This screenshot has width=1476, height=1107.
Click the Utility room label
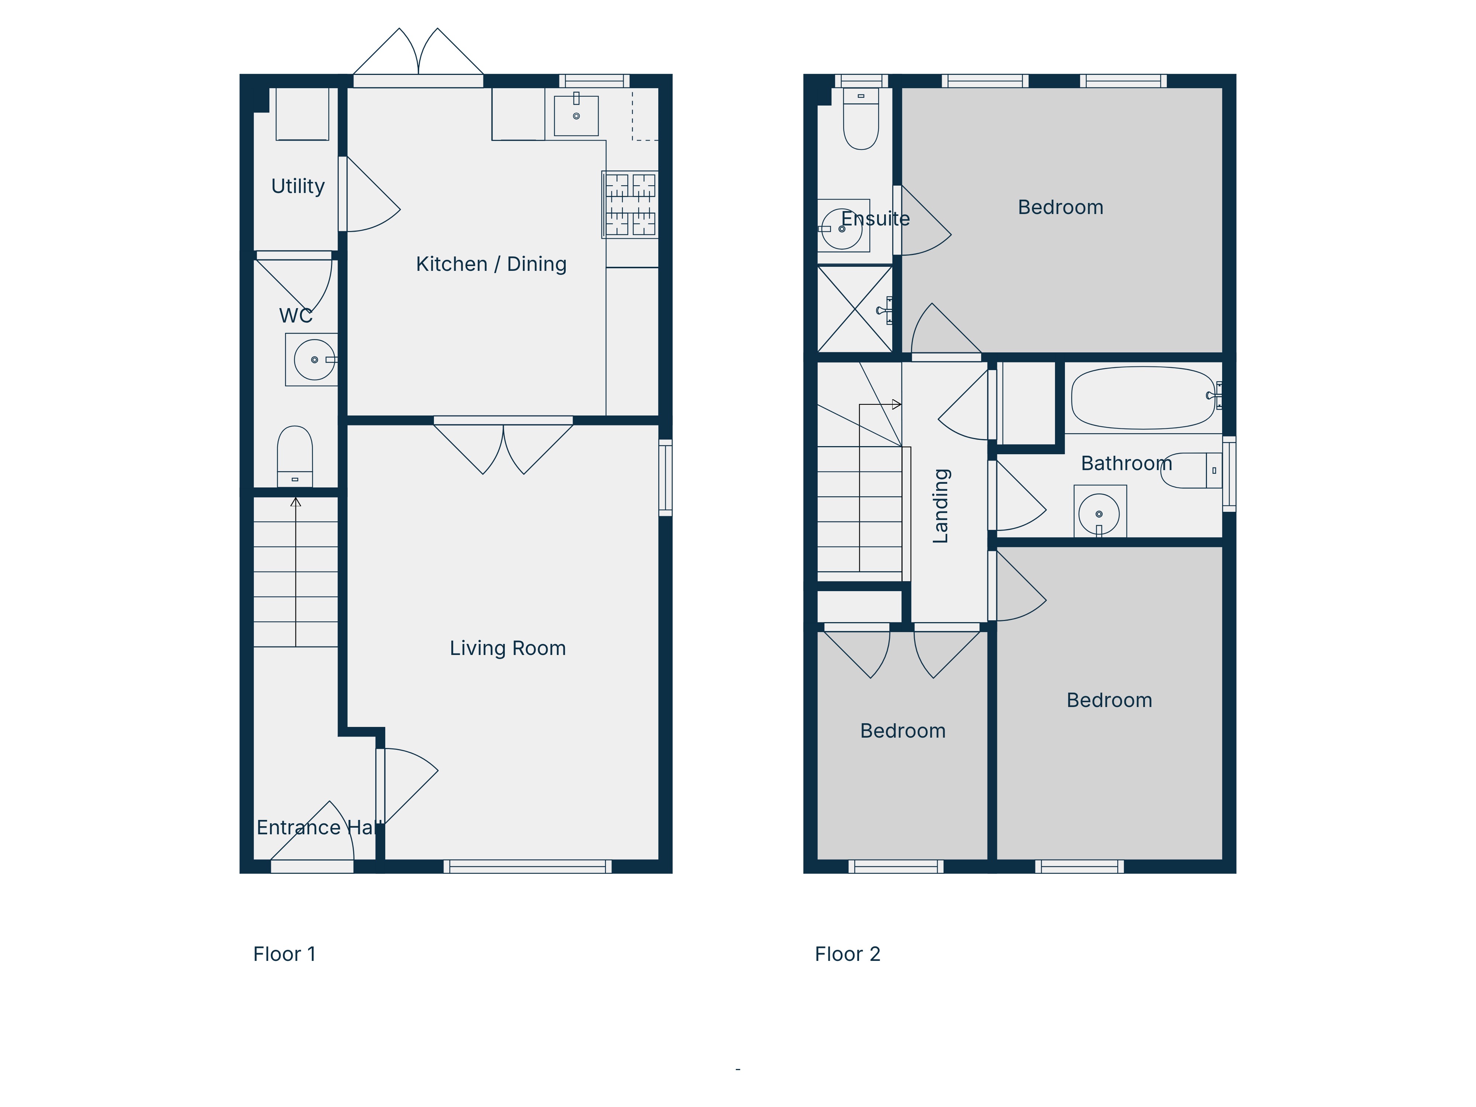[x=298, y=186]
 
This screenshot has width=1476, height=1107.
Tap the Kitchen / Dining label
[x=491, y=264]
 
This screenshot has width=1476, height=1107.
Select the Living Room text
[x=508, y=648]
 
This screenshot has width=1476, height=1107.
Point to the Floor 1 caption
[x=284, y=954]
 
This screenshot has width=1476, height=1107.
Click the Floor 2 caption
[x=848, y=954]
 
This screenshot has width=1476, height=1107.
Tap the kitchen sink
[x=576, y=115]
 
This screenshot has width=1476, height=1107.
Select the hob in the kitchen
[x=630, y=204]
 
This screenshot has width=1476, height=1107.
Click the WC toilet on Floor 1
[x=295, y=456]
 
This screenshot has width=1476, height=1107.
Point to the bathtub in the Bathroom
[x=1143, y=398]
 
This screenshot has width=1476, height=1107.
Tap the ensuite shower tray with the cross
[x=855, y=309]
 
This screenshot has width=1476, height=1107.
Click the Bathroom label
[x=1126, y=463]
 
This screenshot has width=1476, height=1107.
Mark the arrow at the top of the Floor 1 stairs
[x=296, y=502]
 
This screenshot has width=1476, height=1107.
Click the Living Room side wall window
[x=665, y=477]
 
